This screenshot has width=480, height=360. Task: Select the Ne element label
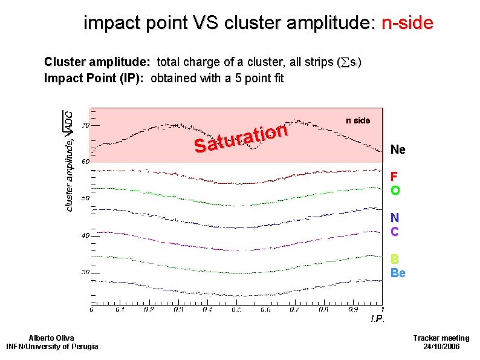[x=398, y=149]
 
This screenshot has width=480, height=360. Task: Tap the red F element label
[x=394, y=177]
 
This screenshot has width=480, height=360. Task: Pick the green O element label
[x=395, y=191]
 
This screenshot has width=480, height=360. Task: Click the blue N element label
[x=394, y=218]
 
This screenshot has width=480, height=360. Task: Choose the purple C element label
[x=394, y=232]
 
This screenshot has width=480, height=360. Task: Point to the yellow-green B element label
[x=394, y=259]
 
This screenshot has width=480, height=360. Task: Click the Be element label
[x=398, y=273]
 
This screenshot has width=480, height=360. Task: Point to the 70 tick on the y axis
[x=85, y=125]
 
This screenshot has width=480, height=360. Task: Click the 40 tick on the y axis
[x=85, y=235]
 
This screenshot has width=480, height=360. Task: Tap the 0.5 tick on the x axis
[x=236, y=310]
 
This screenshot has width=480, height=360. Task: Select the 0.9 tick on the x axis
[x=353, y=310]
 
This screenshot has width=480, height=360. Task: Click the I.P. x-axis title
[x=377, y=319]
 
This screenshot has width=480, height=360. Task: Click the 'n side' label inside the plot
[x=357, y=120]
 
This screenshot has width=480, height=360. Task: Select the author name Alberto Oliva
[x=51, y=338]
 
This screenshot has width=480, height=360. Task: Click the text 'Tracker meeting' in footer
[x=441, y=338]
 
